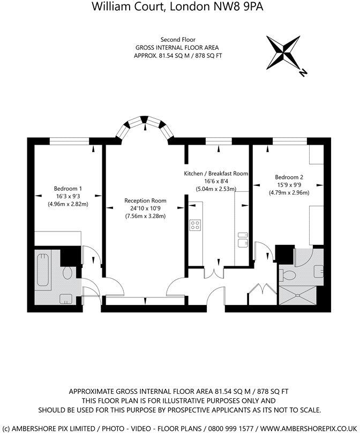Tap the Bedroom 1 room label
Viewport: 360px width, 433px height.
click(x=68, y=189)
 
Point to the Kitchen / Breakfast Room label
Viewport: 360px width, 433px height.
click(x=216, y=174)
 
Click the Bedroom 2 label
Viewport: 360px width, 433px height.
click(x=289, y=177)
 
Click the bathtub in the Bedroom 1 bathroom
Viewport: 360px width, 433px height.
click(x=42, y=270)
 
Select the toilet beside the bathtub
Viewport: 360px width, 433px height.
click(x=67, y=273)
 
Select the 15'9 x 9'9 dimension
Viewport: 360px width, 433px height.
click(x=289, y=185)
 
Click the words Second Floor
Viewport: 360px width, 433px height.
click(x=177, y=40)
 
